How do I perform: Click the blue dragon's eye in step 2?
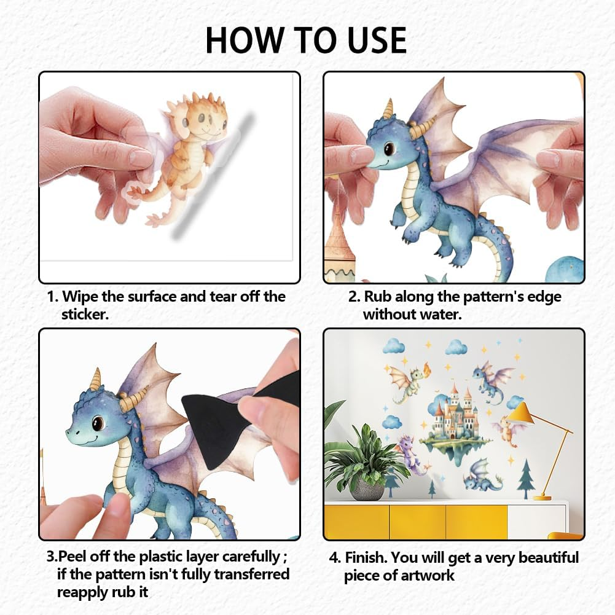coord(390,149)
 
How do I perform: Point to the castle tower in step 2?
coord(337,246)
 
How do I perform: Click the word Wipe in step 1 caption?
coord(79,297)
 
